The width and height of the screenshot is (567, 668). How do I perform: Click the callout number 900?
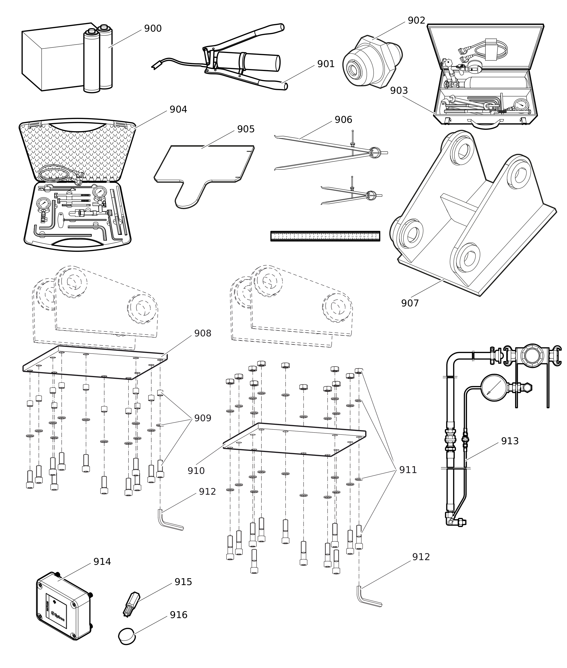pos(153,29)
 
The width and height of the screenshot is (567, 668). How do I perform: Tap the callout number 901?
pos(326,64)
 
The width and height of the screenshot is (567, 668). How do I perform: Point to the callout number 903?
pos(399,91)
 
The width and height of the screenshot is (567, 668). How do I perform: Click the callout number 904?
pos(178,110)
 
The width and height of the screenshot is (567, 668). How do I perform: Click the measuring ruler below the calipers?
pos(325,236)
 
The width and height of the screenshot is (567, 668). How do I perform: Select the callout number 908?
pos(202,333)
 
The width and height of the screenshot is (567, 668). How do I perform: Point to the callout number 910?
pos(196,471)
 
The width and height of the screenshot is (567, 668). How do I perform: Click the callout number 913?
pos(509,441)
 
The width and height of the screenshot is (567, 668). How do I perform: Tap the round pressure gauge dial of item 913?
pos(494,387)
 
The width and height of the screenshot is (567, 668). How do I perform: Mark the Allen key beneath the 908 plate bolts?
pos(169,522)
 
